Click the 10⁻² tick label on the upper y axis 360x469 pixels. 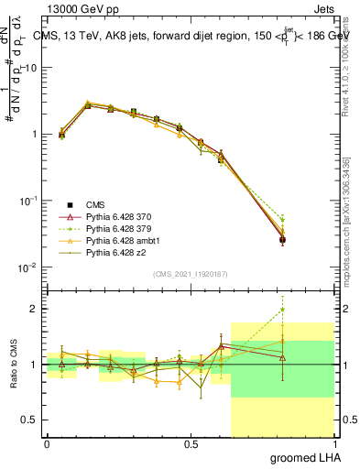point(27,267)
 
